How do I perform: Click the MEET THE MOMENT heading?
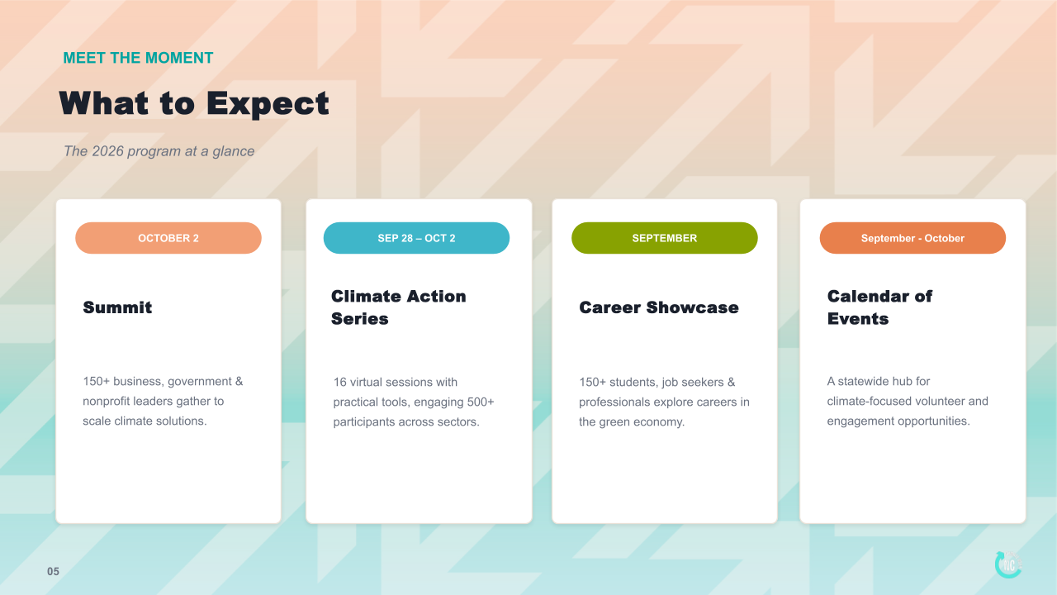click(x=138, y=58)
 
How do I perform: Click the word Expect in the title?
click(x=268, y=104)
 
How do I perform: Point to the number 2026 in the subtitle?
click(x=107, y=151)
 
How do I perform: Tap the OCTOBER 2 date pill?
click(x=168, y=238)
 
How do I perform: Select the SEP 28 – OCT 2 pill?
click(x=416, y=238)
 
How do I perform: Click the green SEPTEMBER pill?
click(x=665, y=238)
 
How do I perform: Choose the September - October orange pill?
click(x=912, y=238)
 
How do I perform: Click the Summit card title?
click(x=117, y=307)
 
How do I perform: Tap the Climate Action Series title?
click(x=399, y=307)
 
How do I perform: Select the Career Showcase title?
click(x=659, y=307)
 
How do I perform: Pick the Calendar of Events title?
click(x=880, y=307)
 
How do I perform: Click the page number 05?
click(x=54, y=571)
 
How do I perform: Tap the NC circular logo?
click(x=1008, y=564)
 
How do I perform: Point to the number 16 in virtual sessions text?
click(x=339, y=382)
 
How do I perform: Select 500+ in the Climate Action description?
click(x=481, y=402)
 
